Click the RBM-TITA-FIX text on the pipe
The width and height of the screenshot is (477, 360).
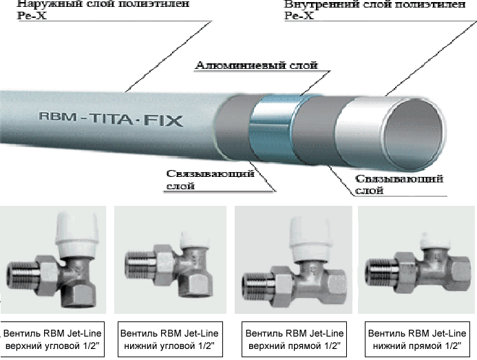pyautogui.click(x=111, y=119)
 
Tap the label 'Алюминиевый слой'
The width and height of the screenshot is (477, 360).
pyautogui.click(x=257, y=65)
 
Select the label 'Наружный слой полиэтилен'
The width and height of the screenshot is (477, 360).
pyautogui.click(x=103, y=4)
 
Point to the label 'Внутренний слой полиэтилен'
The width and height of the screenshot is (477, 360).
pyautogui.click(x=374, y=4)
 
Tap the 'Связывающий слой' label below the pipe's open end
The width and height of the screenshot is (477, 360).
pyautogui.click(x=399, y=184)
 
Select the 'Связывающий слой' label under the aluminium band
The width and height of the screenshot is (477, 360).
pyautogui.click(x=210, y=180)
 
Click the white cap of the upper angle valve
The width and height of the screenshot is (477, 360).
pyautogui.click(x=77, y=234)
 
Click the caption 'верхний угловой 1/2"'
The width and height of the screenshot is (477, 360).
pyautogui.click(x=52, y=346)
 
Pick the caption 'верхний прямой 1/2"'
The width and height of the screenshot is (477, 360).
pyautogui.click(x=295, y=346)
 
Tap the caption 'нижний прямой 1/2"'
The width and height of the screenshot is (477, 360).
pyautogui.click(x=417, y=346)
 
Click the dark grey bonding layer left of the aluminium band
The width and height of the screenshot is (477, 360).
pyautogui.click(x=233, y=128)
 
